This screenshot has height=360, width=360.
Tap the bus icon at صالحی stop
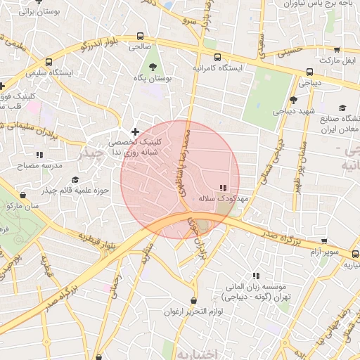pos(141,36)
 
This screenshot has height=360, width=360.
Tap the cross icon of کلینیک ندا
pos(135,131)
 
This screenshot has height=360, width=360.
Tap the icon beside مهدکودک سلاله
pos(223,188)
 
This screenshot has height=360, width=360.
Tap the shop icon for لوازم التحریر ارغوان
pos(193,301)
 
